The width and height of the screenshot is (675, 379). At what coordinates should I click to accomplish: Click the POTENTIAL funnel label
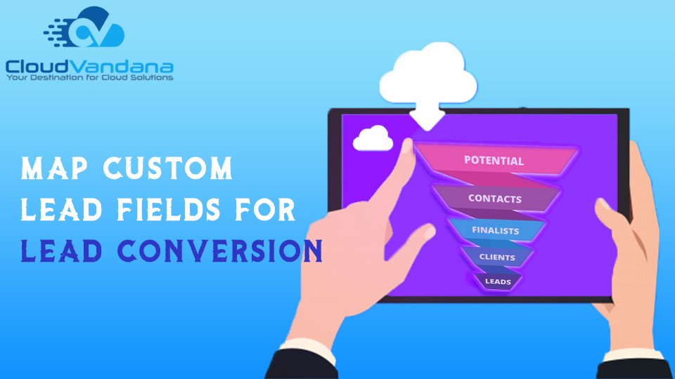[494, 161]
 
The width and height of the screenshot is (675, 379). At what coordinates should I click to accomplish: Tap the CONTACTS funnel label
[494, 199]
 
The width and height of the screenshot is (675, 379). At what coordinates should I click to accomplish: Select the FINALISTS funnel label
[496, 230]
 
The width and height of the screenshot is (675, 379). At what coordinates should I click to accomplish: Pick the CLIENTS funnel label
[497, 258]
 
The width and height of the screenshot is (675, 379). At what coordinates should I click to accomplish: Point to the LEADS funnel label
[498, 281]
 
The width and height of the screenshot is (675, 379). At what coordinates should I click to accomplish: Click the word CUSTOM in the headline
[168, 168]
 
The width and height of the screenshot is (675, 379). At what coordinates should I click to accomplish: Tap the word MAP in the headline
[54, 168]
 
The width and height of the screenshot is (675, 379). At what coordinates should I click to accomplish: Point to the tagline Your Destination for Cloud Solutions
[89, 78]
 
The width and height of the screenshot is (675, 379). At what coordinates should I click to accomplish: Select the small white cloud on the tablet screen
[373, 138]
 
